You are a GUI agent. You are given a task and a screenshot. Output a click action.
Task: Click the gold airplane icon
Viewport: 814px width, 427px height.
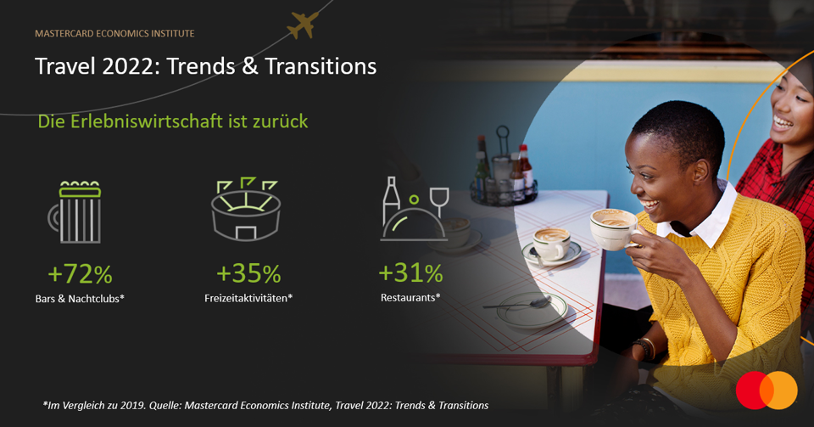[302, 25]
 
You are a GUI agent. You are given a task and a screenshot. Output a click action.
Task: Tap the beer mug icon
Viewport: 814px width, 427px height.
[75, 212]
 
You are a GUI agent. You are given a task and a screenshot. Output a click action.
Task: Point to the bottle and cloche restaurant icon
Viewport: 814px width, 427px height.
[415, 209]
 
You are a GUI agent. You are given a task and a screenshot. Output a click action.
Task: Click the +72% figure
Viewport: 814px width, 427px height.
[80, 274]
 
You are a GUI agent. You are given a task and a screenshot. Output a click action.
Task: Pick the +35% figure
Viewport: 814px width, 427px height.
[248, 273]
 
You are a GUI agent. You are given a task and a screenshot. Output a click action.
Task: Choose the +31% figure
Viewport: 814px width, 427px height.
[410, 273]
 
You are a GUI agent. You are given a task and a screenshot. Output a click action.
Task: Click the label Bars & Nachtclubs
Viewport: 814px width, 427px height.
[80, 299]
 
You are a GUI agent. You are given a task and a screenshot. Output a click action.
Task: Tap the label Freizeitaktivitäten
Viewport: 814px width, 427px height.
[248, 298]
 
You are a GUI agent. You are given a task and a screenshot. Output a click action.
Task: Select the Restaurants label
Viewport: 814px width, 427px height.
[410, 298]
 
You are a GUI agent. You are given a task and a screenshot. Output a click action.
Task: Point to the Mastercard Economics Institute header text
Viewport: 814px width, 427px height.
[114, 33]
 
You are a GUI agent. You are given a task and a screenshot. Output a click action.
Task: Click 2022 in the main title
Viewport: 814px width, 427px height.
[131, 66]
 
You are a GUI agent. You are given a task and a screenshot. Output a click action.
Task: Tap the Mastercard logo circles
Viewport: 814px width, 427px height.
[767, 390]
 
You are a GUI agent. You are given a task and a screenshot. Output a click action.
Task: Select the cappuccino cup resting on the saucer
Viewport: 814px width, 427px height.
[551, 243]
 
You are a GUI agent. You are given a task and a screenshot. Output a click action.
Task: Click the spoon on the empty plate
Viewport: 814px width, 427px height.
[516, 304]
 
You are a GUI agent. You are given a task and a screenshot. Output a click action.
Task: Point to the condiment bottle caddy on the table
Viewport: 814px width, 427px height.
[504, 169]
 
